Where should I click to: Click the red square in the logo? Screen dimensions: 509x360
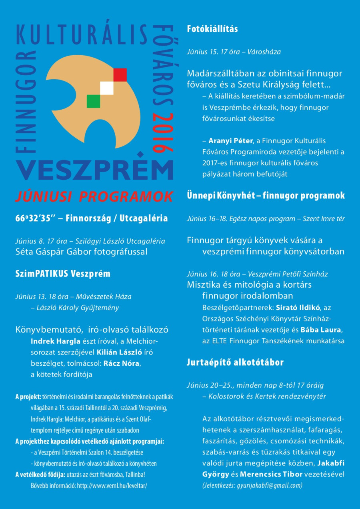[x=120, y=75]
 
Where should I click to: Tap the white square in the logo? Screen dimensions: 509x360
[x=107, y=88]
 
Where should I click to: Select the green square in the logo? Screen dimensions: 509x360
[x=93, y=101]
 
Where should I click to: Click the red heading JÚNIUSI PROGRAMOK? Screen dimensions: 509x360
[x=94, y=196]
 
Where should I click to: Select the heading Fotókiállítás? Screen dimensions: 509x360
[x=212, y=29]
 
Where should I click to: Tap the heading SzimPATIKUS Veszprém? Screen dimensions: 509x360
[x=63, y=274]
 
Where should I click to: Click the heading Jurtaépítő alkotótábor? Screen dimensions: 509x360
[x=235, y=363]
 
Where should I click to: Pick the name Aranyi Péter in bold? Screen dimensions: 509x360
[x=231, y=141]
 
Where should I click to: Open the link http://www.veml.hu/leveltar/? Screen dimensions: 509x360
[x=112, y=486]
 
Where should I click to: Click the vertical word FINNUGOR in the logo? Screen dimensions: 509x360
[x=25, y=102]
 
